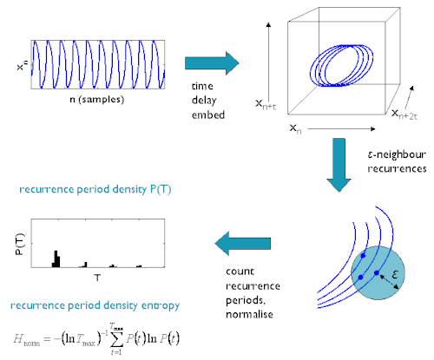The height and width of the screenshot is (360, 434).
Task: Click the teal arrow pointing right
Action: point(212,63)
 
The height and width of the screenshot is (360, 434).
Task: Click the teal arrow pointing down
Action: point(339,165)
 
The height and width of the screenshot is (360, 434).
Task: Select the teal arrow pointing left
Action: point(243,244)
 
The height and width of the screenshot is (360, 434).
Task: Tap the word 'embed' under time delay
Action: point(208,115)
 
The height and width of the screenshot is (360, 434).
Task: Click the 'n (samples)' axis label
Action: point(97,100)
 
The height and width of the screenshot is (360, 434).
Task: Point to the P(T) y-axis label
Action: point(20,244)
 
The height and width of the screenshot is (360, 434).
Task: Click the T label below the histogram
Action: point(97,278)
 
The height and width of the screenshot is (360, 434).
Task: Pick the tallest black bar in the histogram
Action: point(56,259)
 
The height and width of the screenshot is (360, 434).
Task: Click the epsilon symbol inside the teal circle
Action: point(395,273)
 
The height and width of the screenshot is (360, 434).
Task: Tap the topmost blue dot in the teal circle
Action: point(364,256)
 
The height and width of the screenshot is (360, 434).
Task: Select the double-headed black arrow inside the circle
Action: point(389,282)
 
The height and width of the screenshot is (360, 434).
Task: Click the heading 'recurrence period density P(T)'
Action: point(95,189)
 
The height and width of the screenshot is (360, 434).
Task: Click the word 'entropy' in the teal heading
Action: point(161,305)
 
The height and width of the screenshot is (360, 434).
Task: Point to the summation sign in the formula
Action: point(117,339)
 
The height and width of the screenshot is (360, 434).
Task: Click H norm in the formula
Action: point(27,339)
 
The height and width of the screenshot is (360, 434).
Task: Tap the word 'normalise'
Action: point(249,314)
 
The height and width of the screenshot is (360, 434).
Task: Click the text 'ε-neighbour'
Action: point(397,154)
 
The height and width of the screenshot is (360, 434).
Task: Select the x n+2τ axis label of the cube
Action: point(404,115)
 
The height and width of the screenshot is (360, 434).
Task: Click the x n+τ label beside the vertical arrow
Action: point(266,104)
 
